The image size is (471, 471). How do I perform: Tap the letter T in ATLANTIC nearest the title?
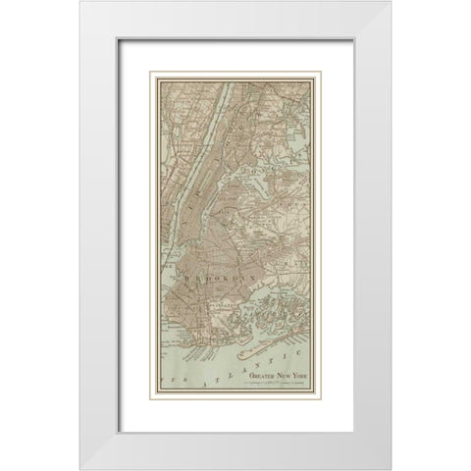(x=264, y=367)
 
